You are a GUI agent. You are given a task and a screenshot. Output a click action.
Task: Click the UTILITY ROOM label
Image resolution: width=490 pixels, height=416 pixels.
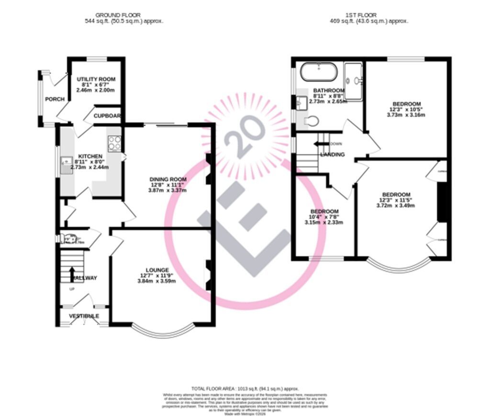tap(96, 79)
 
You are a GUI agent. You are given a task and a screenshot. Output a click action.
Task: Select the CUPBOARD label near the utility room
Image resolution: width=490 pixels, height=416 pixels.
tap(107, 116)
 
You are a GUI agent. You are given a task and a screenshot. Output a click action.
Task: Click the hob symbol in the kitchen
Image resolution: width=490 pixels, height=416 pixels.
tap(114, 142)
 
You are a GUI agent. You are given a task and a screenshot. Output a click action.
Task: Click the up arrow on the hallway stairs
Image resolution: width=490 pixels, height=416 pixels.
tap(72, 274)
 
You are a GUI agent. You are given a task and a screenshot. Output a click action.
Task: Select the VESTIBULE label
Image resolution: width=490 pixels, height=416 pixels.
tap(84, 316)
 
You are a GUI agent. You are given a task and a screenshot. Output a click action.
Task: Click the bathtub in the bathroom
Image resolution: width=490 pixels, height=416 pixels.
tap(319, 73)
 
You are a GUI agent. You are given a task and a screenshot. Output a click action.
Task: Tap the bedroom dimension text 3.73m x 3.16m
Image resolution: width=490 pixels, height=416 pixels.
tap(407, 115)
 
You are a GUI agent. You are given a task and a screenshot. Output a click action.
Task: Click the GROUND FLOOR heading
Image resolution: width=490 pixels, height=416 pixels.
tap(118, 15)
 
